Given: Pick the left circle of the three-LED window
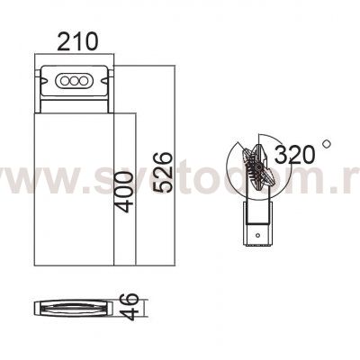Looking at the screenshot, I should pyautogui.click(x=65, y=81).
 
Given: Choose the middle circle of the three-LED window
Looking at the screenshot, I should pyautogui.click(x=73, y=81).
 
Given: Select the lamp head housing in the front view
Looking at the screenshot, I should pyautogui.click(x=73, y=85).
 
